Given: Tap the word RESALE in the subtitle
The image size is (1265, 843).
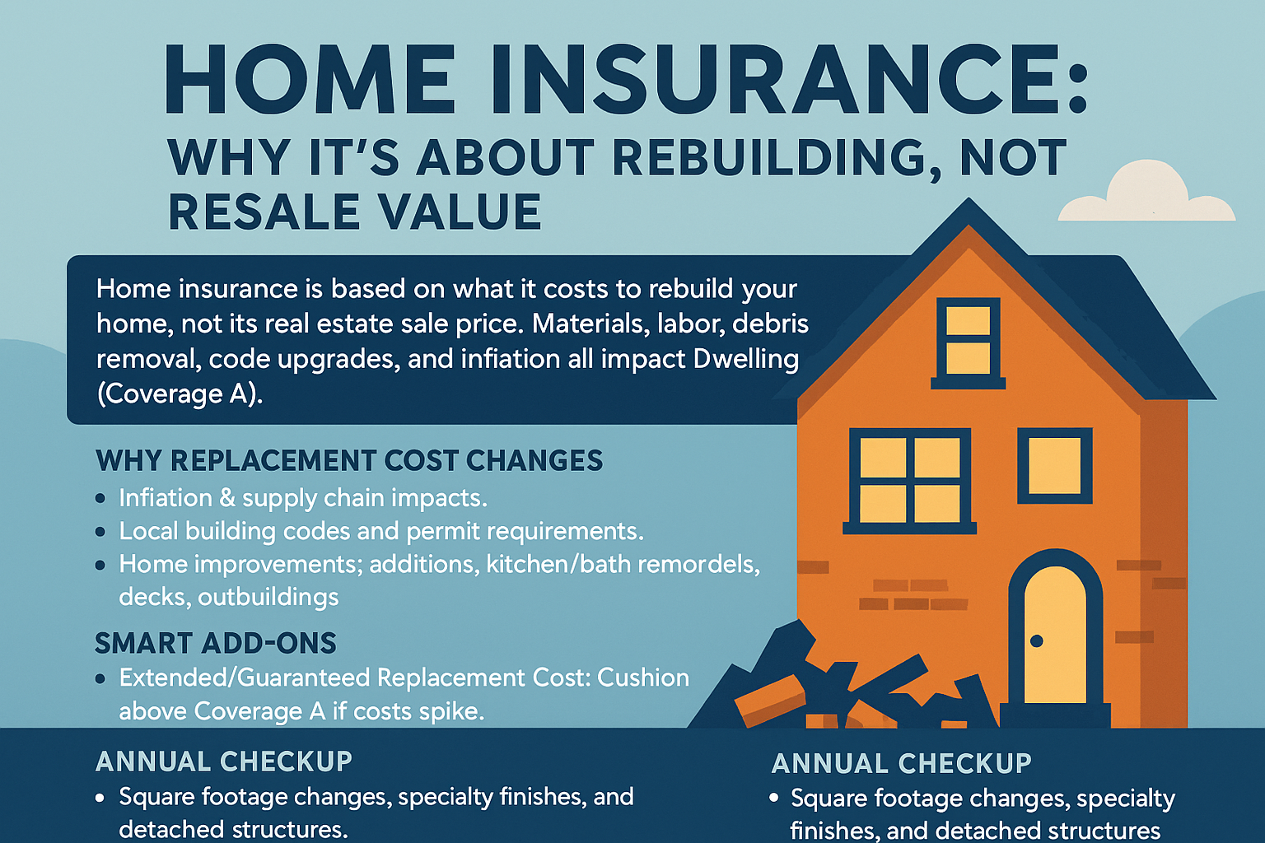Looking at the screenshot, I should pos(264,212).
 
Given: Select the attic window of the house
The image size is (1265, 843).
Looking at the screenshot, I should pos(968,339).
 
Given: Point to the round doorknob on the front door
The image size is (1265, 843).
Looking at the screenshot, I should pos(1037,640).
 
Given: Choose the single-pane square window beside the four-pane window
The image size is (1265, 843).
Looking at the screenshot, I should pos(1054,466).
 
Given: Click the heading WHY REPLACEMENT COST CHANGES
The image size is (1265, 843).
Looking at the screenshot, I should pos(349,461).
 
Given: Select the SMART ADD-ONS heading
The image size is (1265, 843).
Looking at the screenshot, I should pos(216,643).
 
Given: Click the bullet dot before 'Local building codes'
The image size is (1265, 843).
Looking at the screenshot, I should pos(100,532).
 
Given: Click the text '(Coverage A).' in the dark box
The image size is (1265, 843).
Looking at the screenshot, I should pos(180,394).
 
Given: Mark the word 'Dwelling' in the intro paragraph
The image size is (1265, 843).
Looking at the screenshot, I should pos(746,359).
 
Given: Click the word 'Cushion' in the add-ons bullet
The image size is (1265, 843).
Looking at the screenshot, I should pos(642,678).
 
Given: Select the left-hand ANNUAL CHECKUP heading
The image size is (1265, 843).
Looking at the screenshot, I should pos(224,761).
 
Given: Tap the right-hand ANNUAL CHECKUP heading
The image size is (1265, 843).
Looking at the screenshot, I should pos(901,764).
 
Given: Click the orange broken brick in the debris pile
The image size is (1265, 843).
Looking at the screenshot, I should pos(770,699).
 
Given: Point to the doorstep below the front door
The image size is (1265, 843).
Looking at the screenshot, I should pos(1055,714).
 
